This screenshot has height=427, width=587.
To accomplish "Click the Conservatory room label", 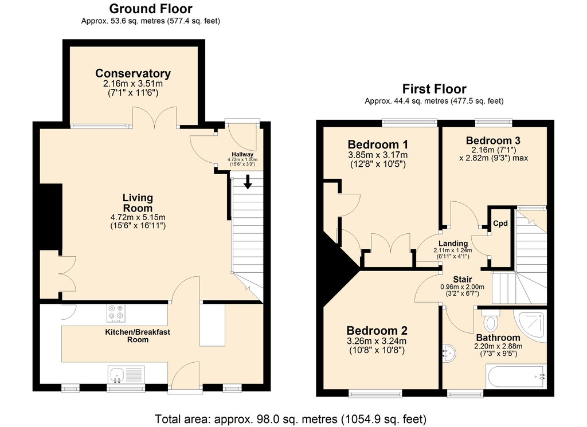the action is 133,73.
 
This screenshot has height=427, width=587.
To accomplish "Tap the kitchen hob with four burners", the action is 116,314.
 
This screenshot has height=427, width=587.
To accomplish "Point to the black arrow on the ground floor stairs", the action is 248,182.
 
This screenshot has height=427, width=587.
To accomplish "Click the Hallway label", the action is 242,154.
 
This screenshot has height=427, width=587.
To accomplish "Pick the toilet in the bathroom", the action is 490,320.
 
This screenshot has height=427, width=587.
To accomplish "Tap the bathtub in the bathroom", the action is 515,377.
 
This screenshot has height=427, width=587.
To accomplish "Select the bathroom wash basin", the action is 449,354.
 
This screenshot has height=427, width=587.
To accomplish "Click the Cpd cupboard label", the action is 500,224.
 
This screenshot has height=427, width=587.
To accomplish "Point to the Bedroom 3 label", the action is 493,140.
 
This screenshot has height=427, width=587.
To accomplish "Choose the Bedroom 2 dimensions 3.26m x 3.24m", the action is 377,341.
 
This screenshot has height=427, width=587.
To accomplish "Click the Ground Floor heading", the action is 151,8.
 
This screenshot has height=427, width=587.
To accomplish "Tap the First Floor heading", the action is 435,89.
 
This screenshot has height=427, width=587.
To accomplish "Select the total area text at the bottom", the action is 291,419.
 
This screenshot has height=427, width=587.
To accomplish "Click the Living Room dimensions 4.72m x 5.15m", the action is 138,217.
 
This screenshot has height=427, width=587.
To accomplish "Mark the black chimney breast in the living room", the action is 51,217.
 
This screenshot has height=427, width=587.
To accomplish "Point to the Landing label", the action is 453,244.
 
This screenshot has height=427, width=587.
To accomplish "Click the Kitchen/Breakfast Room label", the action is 138,336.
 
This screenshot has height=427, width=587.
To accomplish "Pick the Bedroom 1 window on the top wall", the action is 409,122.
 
